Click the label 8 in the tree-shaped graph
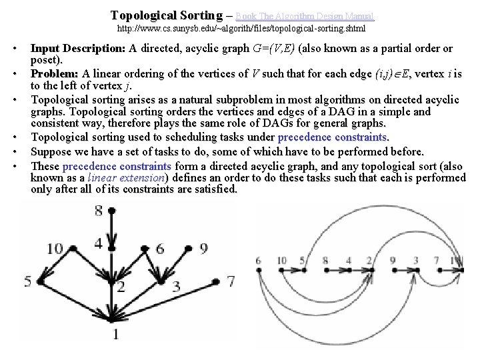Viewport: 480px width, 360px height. [x=99, y=211]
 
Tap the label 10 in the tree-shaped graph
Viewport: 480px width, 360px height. [x=54, y=249]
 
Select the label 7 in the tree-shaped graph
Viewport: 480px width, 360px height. [x=231, y=281]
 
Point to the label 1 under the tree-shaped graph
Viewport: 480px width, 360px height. [x=115, y=333]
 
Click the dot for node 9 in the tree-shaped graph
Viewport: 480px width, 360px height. [x=187, y=248]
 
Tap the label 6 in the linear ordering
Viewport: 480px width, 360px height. [x=258, y=261]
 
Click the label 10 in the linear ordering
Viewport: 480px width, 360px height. [x=281, y=261]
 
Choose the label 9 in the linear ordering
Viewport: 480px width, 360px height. [x=394, y=261]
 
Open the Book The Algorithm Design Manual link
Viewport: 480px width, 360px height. [x=305, y=15]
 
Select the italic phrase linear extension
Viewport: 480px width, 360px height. [x=127, y=178]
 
